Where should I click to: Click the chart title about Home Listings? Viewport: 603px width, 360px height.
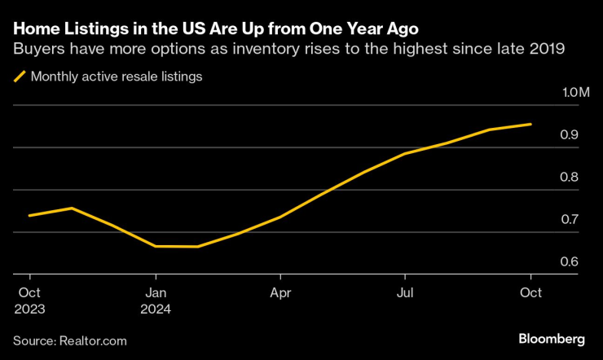tap(209, 29)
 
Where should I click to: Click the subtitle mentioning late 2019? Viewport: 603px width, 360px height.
tap(288, 50)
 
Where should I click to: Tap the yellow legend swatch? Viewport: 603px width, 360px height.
tap(20, 77)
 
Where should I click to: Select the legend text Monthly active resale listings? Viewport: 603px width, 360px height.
tap(116, 77)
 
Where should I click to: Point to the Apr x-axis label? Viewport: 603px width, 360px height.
tap(280, 291)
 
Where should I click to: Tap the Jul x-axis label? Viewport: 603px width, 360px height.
tap(405, 291)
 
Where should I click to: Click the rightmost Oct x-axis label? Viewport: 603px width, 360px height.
tap(530, 291)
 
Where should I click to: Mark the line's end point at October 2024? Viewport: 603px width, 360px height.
tap(531, 125)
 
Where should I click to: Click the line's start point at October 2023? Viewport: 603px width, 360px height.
tap(29, 216)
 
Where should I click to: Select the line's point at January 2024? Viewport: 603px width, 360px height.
tap(155, 246)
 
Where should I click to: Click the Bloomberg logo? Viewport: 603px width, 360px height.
tap(552, 338)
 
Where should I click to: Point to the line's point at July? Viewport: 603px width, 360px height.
tap(405, 154)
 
